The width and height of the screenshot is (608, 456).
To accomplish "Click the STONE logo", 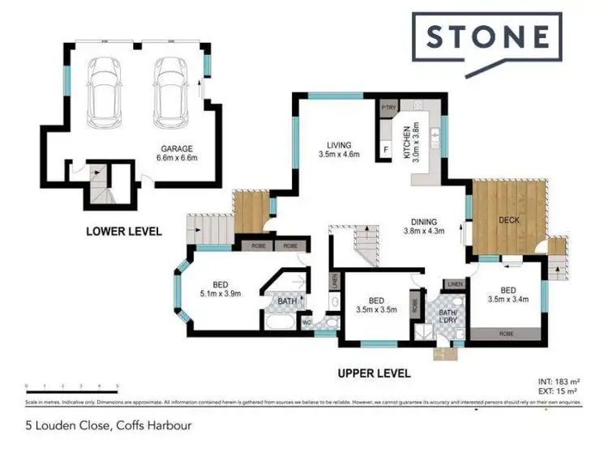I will point(486,38).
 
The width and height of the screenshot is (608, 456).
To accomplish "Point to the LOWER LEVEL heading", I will point(124,232).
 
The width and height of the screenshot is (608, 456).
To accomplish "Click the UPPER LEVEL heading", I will point(374,373).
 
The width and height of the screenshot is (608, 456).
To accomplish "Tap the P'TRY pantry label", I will point(388,107).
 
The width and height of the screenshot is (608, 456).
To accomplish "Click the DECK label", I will point(509,220).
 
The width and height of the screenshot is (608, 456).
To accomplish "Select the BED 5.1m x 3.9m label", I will point(220,289).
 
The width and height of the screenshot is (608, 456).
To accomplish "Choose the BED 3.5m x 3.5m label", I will point(375,304).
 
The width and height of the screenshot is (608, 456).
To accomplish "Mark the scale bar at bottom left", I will point(73,387).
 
